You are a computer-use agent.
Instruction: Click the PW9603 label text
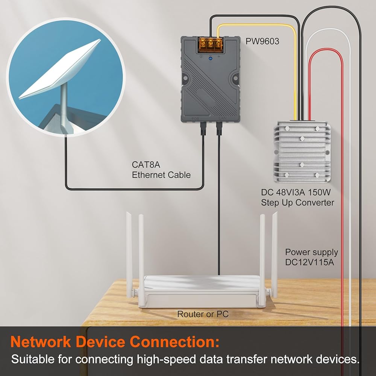(262, 41)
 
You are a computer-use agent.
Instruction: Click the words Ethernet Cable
(161, 175)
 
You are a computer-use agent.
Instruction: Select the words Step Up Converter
(297, 203)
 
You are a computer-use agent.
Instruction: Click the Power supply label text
(311, 252)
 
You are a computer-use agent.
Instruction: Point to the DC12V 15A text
(309, 262)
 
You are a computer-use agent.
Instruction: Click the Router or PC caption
(203, 314)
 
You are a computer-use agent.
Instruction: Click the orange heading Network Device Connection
(115, 342)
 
